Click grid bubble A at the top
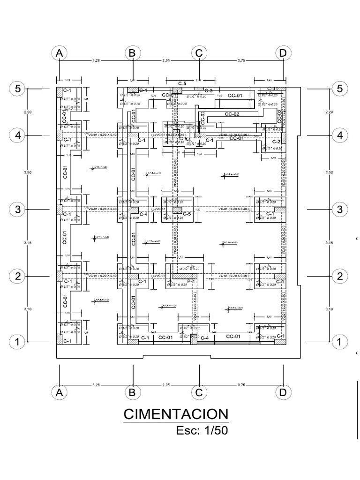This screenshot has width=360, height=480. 59,53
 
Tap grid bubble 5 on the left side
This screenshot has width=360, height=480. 18,88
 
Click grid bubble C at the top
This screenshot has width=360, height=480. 199,53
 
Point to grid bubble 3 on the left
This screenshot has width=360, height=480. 18,209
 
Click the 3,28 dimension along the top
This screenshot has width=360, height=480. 96,60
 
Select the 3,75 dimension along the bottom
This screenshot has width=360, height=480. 241,385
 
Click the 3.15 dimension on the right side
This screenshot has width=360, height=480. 329,242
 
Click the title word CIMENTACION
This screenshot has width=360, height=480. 176,414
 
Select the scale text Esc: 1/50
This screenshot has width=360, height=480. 202,430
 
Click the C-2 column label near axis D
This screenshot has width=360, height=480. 276,142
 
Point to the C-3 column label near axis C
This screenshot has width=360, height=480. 208,90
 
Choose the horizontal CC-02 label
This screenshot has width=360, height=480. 232,114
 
